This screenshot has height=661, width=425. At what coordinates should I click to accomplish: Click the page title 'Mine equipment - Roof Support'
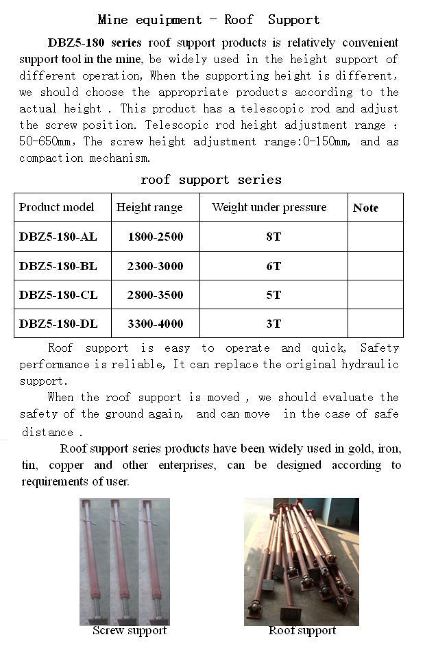click(209, 19)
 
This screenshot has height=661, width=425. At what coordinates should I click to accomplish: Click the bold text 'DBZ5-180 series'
click(95, 43)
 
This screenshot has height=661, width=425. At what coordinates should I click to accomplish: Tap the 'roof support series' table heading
click(210, 180)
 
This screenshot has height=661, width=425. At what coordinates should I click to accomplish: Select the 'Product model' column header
click(56, 207)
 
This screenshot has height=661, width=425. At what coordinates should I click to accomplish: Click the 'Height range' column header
click(149, 207)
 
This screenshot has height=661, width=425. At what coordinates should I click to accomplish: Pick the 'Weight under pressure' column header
click(269, 207)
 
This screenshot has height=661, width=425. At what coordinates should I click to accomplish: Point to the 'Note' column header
click(365, 208)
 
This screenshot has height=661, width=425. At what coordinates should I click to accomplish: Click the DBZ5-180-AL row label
click(58, 237)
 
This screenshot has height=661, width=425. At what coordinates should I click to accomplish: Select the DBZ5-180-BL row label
click(58, 266)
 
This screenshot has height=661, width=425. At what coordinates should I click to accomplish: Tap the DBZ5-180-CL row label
click(58, 295)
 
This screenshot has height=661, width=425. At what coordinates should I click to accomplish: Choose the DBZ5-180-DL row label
click(58, 324)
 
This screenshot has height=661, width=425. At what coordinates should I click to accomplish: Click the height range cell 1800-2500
click(155, 237)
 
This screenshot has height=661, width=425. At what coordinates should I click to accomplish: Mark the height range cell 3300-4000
click(155, 324)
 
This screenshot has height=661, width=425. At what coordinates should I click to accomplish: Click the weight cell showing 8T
click(274, 237)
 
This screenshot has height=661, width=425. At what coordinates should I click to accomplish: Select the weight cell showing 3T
click(274, 324)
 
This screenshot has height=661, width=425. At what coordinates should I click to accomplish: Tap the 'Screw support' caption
click(130, 631)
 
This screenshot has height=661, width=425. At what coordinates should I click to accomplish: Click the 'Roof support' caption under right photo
click(302, 631)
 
